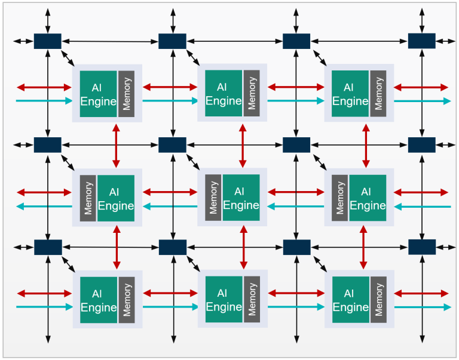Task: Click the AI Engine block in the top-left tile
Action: pyautogui.click(x=99, y=94)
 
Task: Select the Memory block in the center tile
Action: pyautogui.click(x=213, y=198)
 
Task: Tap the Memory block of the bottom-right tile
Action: pyautogui.click(x=378, y=300)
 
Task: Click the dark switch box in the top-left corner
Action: pyautogui.click(x=48, y=41)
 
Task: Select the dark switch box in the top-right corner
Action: pyautogui.click(x=421, y=41)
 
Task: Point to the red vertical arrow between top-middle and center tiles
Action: pyautogui.click(x=242, y=146)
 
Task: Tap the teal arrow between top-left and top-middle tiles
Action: pyautogui.click(x=170, y=101)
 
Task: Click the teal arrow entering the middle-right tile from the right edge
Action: pyautogui.click(x=422, y=207)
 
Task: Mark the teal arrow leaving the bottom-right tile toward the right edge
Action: pyautogui.click(x=423, y=307)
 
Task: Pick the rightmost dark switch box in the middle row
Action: pyautogui.click(x=421, y=144)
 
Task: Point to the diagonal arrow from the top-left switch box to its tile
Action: pyautogui.click(x=68, y=57)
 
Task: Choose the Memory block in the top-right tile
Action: pyautogui.click(x=378, y=93)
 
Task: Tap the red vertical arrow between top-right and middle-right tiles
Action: pyautogui.click(x=366, y=146)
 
